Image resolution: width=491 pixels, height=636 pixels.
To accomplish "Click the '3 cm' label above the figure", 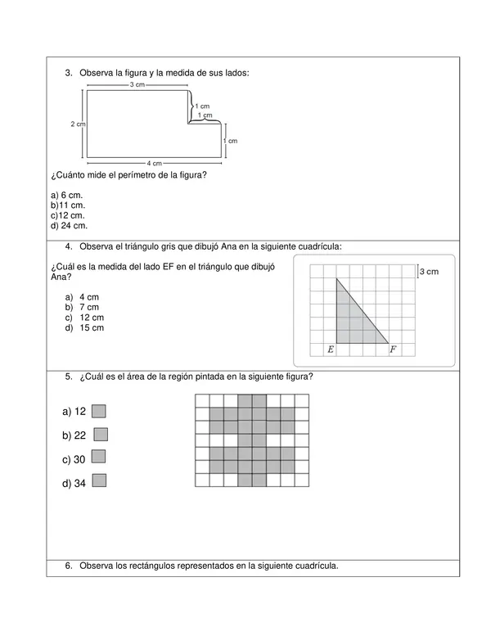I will tap(137, 84).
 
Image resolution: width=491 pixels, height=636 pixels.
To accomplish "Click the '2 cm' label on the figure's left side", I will tap(78, 124).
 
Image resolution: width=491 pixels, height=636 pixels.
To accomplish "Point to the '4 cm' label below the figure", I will tap(153, 162).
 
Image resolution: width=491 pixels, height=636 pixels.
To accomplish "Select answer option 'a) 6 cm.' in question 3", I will tap(66, 196).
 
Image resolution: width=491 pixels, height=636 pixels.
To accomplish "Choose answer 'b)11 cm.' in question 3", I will tap(67, 205).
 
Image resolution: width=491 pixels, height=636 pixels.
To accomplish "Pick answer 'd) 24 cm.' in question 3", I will tap(69, 225).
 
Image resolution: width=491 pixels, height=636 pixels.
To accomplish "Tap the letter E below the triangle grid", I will tap(330, 350).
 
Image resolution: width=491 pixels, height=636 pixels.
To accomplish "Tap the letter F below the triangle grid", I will tap(393, 350).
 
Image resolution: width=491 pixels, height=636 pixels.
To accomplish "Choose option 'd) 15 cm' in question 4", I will tap(91, 327).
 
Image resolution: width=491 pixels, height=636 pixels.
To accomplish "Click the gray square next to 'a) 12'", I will tap(99, 411).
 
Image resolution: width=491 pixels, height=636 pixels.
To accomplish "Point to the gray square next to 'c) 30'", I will tap(99, 457).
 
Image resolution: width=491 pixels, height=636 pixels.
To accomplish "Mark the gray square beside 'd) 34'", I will tap(99, 480).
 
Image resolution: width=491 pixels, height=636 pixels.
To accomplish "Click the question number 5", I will tap(68, 377).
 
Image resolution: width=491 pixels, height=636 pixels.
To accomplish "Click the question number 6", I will tap(68, 566).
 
